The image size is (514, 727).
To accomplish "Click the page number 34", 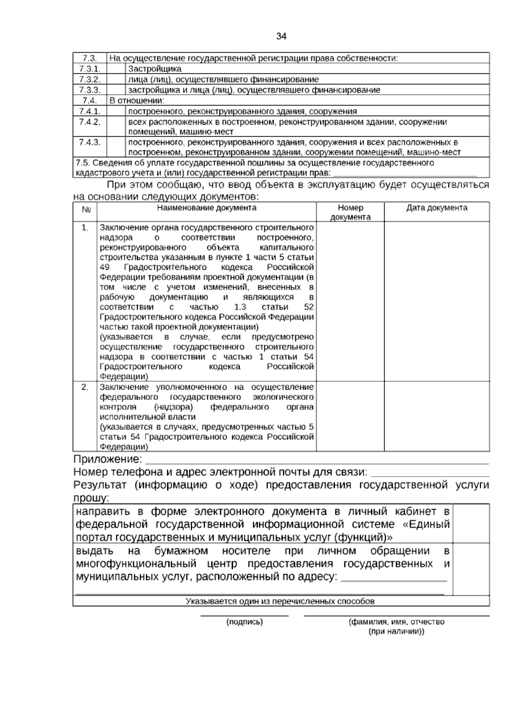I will (281, 36).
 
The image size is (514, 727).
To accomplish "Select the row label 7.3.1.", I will (89, 69).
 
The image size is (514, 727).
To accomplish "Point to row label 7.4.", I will (89, 101).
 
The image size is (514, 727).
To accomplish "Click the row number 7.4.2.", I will (89, 122).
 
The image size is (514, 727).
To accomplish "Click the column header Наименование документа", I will (206, 208).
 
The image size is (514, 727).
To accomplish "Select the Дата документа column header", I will (436, 208).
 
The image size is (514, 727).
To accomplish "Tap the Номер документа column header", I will (350, 212).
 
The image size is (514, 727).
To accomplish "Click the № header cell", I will (85, 210).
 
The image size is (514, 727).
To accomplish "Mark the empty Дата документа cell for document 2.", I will (436, 416).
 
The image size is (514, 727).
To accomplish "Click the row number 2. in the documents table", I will (85, 387).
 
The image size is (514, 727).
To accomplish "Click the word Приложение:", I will (108, 460).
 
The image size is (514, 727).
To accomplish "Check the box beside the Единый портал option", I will (471, 524).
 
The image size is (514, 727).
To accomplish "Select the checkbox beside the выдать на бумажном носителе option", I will (471, 569).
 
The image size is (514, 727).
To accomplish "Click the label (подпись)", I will (244, 622).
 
